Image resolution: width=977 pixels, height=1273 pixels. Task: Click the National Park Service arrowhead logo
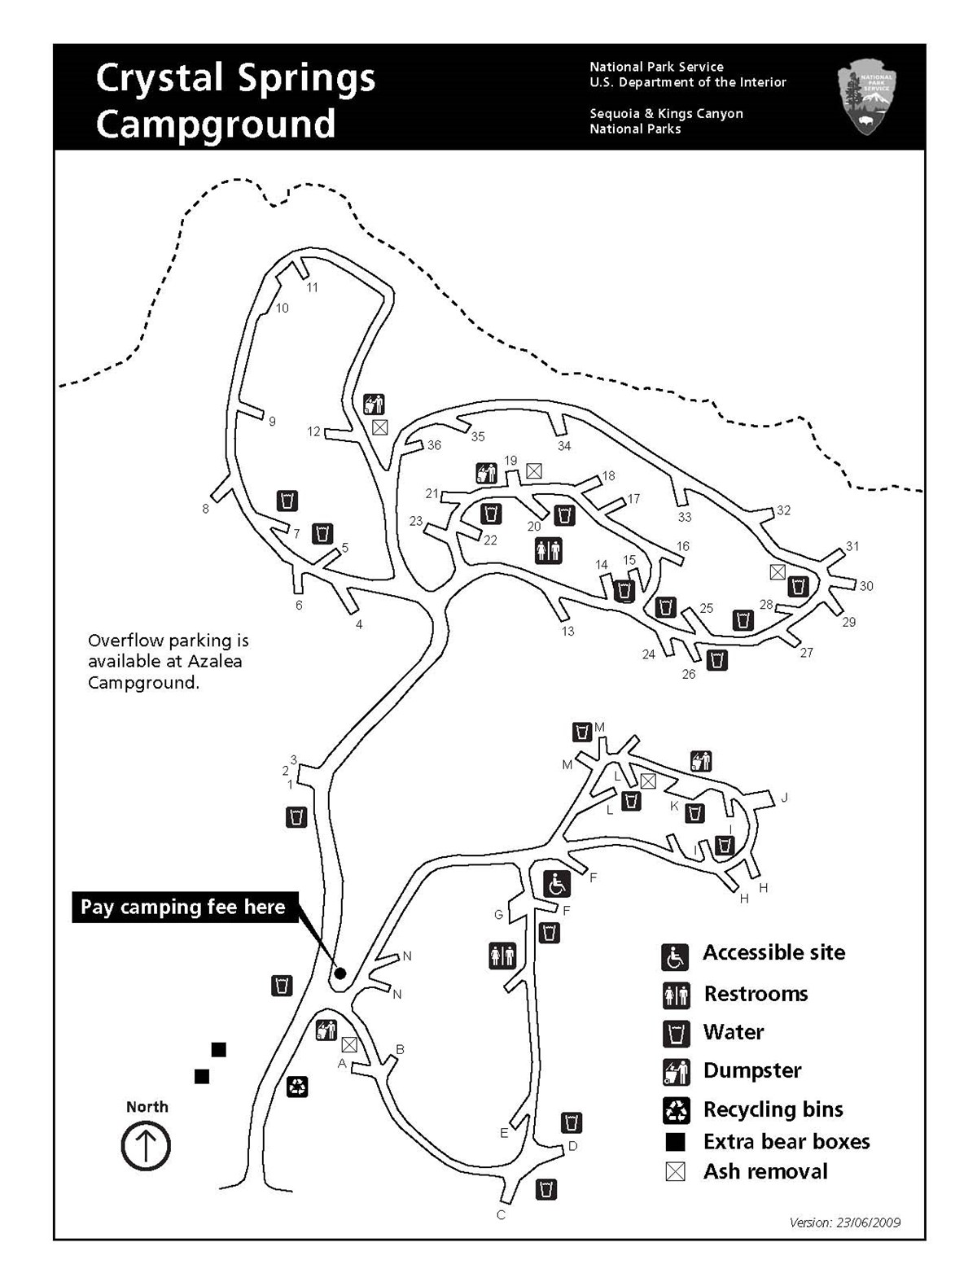click(866, 99)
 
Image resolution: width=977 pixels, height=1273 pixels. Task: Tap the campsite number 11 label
click(312, 287)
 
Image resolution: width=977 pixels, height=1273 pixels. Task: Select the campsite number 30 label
click(866, 586)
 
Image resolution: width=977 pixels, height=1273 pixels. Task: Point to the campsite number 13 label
click(567, 631)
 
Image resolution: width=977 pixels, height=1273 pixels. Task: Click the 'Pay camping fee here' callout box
click(183, 907)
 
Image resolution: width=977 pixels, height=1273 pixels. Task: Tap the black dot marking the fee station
click(340, 973)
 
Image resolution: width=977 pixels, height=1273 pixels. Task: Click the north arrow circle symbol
click(146, 1147)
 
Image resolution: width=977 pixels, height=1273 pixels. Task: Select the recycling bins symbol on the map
click(297, 1086)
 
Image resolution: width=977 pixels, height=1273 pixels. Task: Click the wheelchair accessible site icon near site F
click(557, 883)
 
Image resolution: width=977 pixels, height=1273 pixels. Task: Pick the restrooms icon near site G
click(502, 956)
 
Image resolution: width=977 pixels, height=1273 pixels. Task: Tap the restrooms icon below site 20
click(548, 551)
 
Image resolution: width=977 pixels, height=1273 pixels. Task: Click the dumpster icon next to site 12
click(374, 404)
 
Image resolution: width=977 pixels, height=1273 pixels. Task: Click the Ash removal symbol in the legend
click(676, 1172)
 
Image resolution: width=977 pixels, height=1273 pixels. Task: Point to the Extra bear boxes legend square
click(676, 1142)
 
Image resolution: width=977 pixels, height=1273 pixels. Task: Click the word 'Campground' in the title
click(216, 124)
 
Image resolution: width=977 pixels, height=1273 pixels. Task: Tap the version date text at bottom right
click(844, 1223)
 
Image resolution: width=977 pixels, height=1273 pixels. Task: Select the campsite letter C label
click(501, 1215)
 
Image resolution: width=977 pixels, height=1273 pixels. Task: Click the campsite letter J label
click(784, 798)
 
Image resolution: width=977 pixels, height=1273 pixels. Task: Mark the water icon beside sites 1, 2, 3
click(296, 817)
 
